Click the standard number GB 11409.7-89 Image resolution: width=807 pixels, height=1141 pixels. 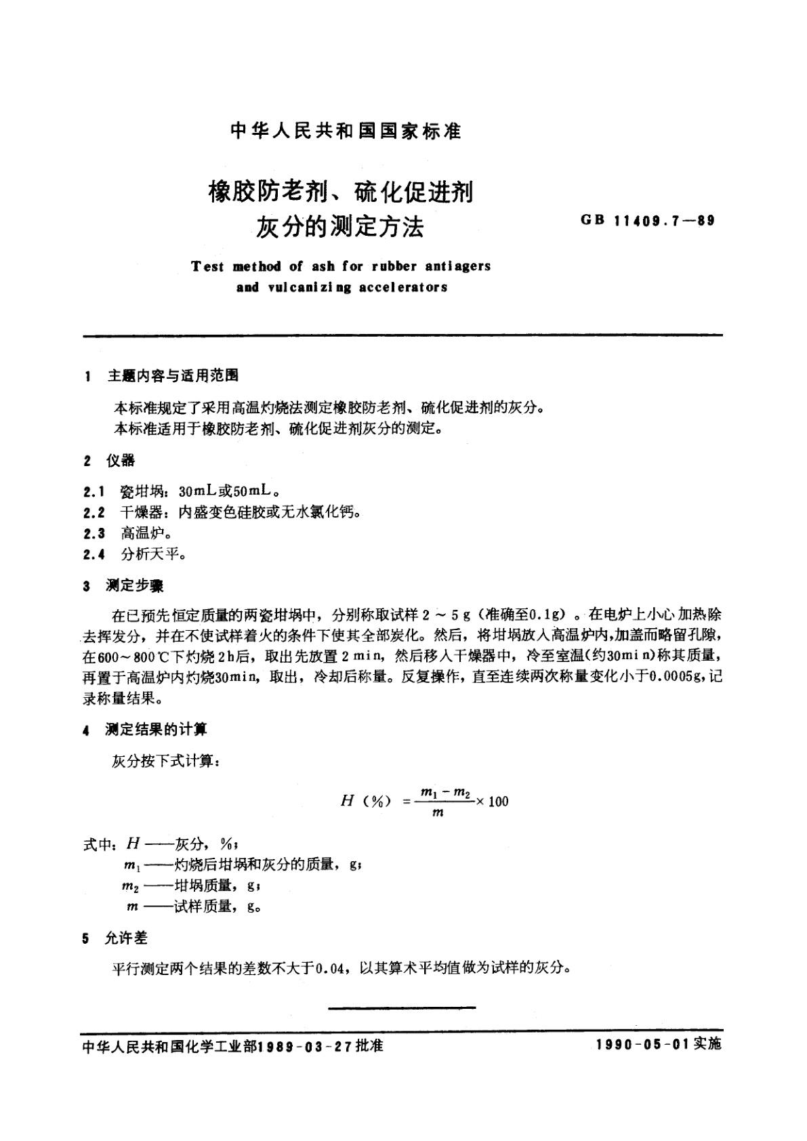(x=647, y=221)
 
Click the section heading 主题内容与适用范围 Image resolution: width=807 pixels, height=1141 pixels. (x=173, y=375)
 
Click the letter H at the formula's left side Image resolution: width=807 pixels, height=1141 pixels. (x=347, y=801)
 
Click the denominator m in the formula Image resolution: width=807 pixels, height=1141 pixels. (x=437, y=812)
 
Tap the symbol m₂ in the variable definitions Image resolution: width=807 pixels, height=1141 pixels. (x=130, y=886)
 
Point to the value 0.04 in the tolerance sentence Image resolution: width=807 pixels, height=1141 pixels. (x=335, y=968)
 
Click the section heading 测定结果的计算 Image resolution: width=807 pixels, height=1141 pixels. (x=156, y=729)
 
